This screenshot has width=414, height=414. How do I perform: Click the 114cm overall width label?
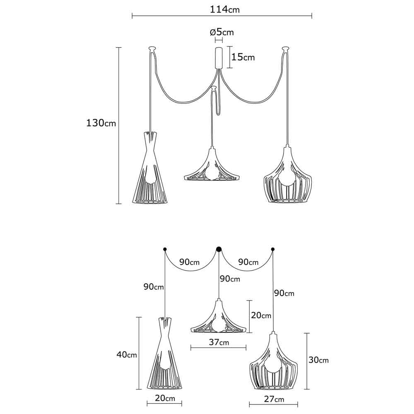[x=225, y=10]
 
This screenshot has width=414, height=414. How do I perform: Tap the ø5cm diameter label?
[x=222, y=32]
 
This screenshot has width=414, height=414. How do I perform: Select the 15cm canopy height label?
[x=243, y=57]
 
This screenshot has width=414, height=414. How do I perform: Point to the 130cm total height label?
[x=101, y=123]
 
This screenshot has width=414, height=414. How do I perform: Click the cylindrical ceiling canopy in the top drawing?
[x=219, y=58]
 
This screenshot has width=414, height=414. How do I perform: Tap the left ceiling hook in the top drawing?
[x=152, y=49]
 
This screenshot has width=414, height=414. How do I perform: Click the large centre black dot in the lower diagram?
[x=219, y=249]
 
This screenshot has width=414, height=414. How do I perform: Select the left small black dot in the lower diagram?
[x=165, y=249]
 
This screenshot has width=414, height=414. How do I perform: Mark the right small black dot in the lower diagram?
[x=273, y=249]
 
